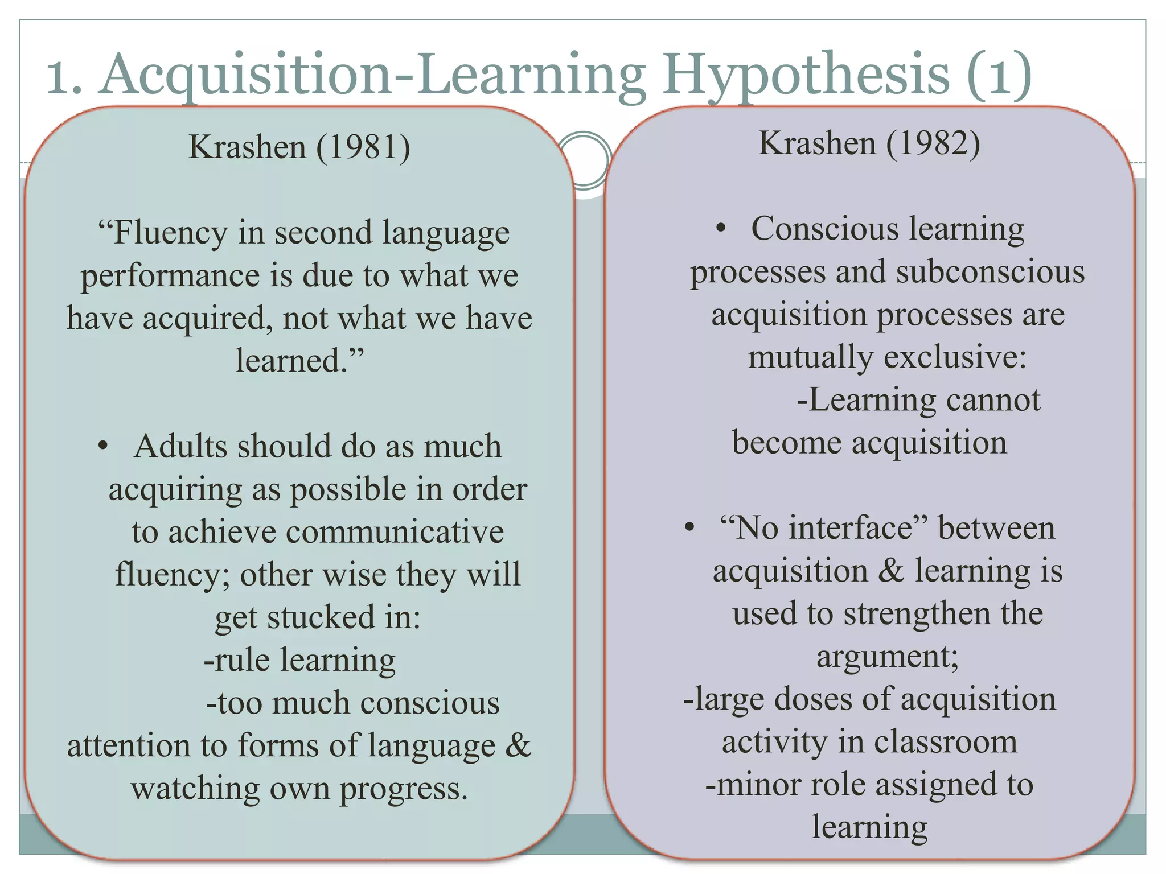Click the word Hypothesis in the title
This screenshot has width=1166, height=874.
click(806, 75)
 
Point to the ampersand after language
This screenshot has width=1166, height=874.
click(518, 745)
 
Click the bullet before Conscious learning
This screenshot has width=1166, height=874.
click(721, 229)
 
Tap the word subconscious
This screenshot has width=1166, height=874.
click(990, 272)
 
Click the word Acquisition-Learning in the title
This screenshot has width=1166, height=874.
click(373, 75)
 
